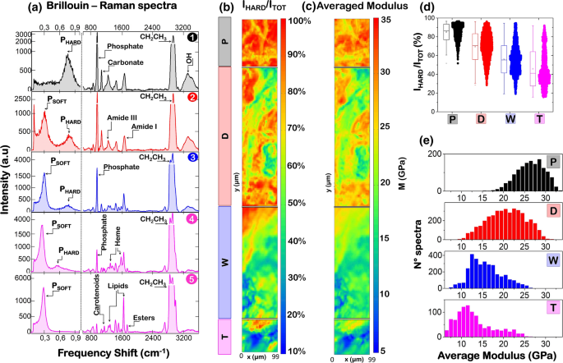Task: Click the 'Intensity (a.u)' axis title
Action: [x=7, y=181]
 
